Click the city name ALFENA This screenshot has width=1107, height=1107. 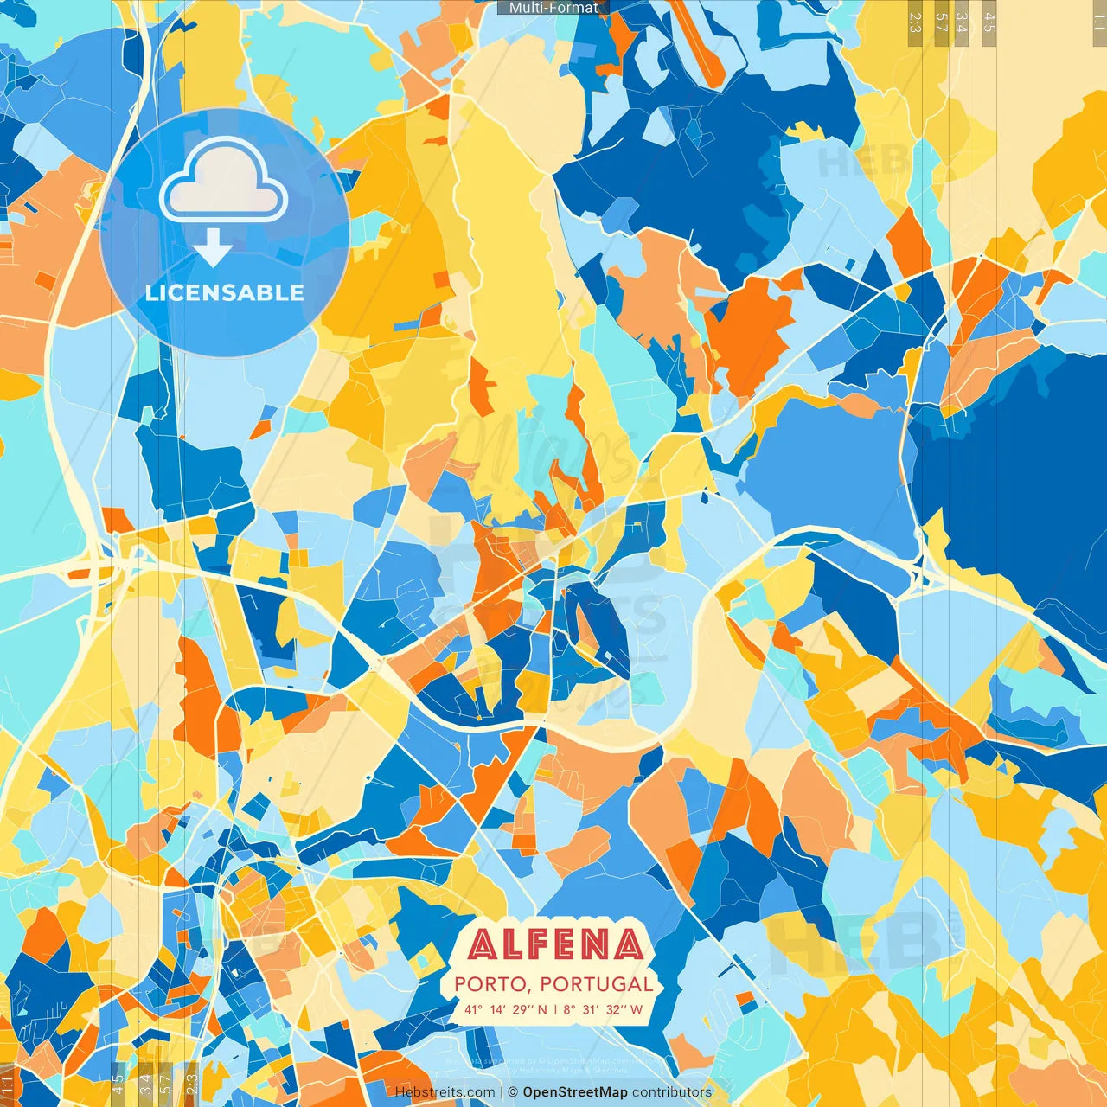(x=556, y=945)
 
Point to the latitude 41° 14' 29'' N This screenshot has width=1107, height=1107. (x=505, y=1009)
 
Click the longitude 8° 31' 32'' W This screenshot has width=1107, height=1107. (x=603, y=1009)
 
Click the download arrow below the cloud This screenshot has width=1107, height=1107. (x=213, y=248)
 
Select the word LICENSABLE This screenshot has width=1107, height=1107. (x=225, y=292)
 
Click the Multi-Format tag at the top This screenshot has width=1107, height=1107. (x=553, y=8)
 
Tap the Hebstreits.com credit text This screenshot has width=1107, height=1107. (x=445, y=1092)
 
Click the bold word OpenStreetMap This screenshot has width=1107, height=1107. (x=575, y=1092)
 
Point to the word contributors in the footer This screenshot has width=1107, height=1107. (x=672, y=1092)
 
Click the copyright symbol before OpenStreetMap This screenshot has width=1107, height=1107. (x=513, y=1092)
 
